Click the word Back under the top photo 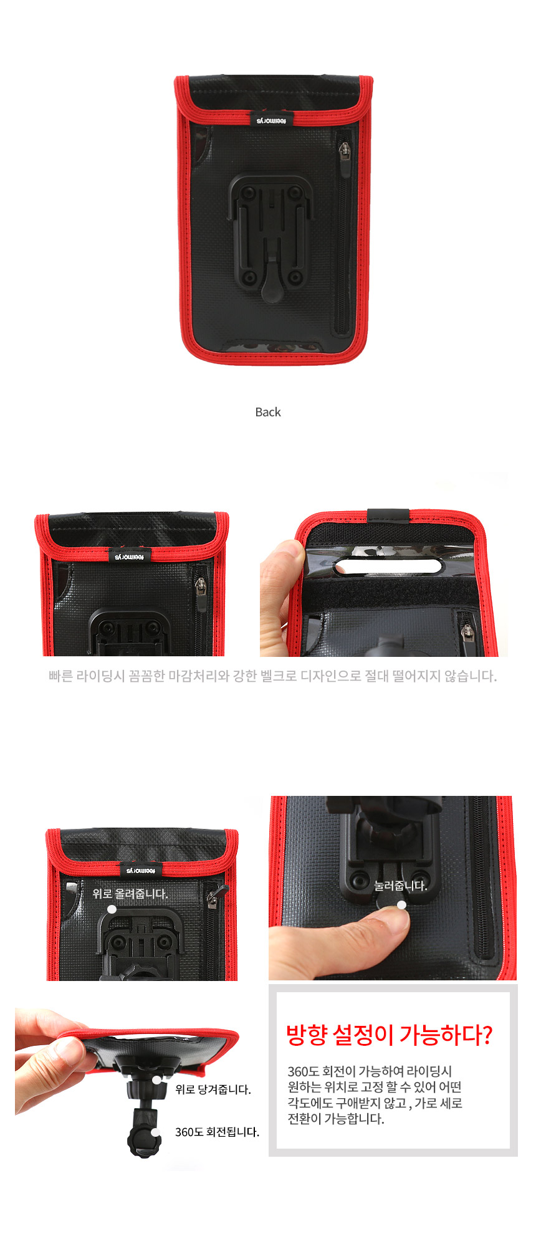(x=268, y=412)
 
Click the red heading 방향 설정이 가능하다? (x=389, y=1035)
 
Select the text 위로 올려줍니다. (x=130, y=893)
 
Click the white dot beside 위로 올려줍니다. (x=112, y=909)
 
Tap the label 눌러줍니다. (x=401, y=886)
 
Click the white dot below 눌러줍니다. (x=402, y=904)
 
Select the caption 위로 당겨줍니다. (x=213, y=1089)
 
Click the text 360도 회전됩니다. (x=217, y=1132)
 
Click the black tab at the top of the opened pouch (x=388, y=516)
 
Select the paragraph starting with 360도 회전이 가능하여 (x=375, y=1095)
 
